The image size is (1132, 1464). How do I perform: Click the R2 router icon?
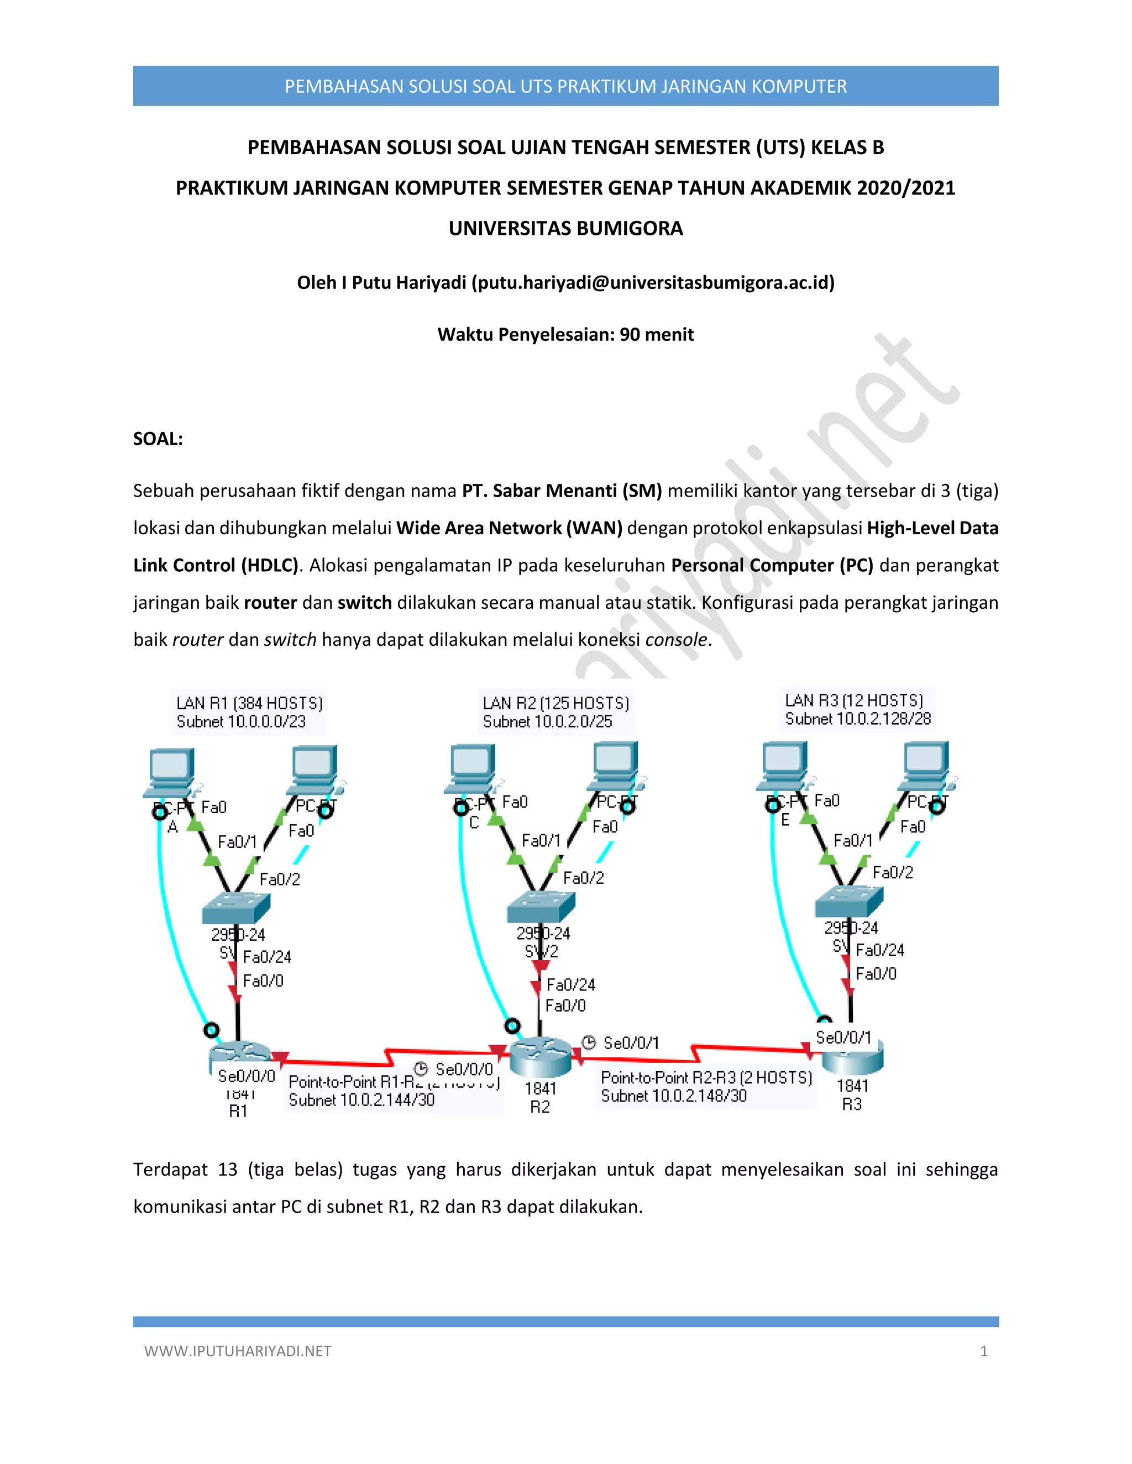coord(540,1057)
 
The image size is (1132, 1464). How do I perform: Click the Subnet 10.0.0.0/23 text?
coord(241,722)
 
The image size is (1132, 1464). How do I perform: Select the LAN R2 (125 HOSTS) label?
coord(555,703)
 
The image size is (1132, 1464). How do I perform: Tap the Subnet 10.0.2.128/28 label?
coord(858,719)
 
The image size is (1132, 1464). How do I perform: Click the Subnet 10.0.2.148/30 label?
coord(673,1096)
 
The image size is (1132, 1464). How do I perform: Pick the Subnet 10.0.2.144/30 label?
coord(361,1100)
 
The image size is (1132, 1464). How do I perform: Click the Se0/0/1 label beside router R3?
coord(843,1038)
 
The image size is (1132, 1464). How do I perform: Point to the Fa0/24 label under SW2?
coord(570,984)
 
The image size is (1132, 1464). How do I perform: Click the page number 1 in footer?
coord(983,1351)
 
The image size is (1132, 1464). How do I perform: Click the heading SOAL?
coord(158,439)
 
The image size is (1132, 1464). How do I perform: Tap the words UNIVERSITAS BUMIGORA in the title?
coord(565,229)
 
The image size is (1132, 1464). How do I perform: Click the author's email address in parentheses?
coord(653,283)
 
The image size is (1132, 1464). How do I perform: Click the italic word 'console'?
coord(676,640)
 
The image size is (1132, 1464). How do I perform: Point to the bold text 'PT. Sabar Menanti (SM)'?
coord(562,491)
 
